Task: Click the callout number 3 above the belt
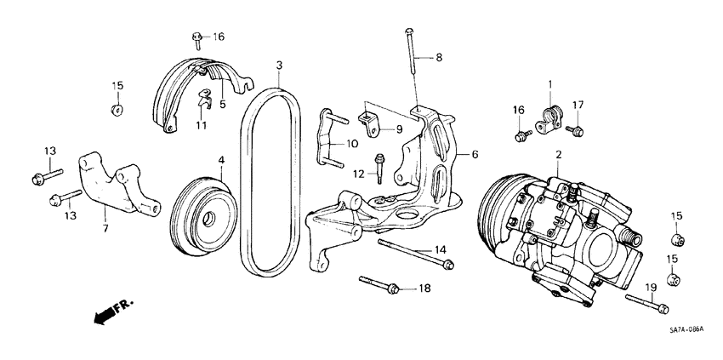click(x=279, y=65)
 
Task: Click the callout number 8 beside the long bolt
click(x=440, y=58)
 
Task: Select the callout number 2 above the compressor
click(x=559, y=154)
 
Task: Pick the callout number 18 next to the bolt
click(x=424, y=289)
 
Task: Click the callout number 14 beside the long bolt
click(x=440, y=249)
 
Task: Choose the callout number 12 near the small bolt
click(x=360, y=174)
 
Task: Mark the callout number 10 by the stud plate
click(x=351, y=145)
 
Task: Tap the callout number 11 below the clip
click(x=202, y=125)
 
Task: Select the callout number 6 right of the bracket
click(x=475, y=154)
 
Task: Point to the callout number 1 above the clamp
click(x=550, y=83)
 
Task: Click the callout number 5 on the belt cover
click(x=222, y=106)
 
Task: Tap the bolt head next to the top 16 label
click(x=196, y=37)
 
